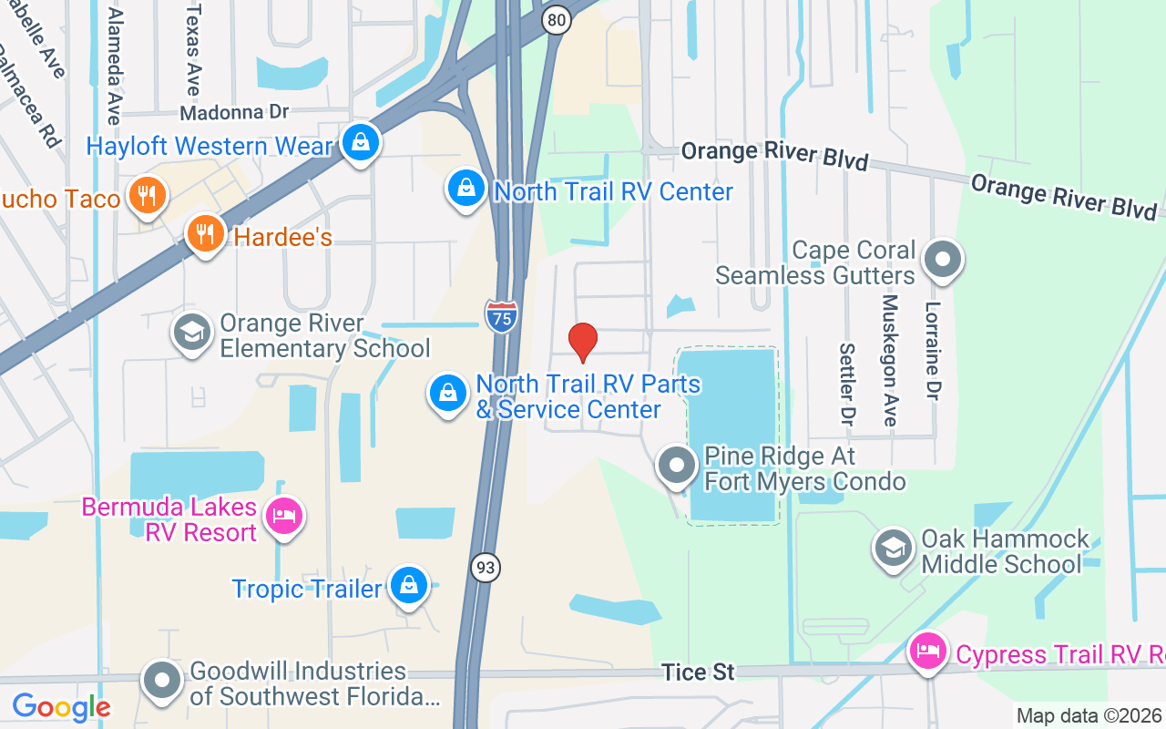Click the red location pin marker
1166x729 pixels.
pyautogui.click(x=583, y=342)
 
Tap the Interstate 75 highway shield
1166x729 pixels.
pyautogui.click(x=501, y=314)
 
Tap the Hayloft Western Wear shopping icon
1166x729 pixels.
pyautogui.click(x=362, y=143)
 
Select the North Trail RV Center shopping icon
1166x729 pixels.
pyautogui.click(x=466, y=189)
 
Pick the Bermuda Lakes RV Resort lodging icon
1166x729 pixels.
pyautogui.click(x=284, y=517)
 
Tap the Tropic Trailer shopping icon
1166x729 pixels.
pyautogui.click(x=409, y=586)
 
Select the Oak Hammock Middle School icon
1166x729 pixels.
pyautogui.click(x=895, y=549)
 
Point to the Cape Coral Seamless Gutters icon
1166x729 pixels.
pyautogui.click(x=943, y=260)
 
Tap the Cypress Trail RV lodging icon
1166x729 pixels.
pyautogui.click(x=929, y=652)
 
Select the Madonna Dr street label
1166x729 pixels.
pyautogui.click(x=234, y=113)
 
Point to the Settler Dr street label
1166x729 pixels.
pyautogui.click(x=848, y=385)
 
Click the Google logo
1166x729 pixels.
pyautogui.click(x=61, y=707)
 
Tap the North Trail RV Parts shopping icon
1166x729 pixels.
pyautogui.click(x=448, y=394)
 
